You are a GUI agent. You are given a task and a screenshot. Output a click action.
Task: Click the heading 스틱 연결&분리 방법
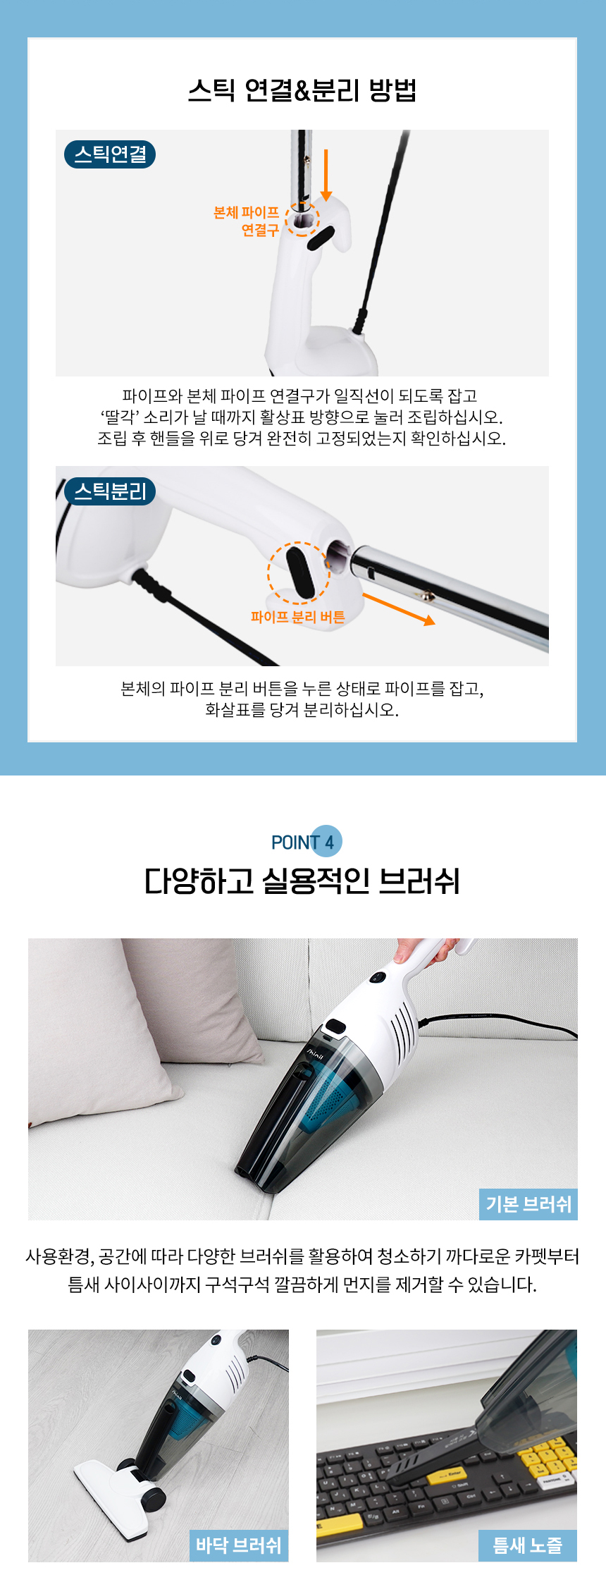coord(302,90)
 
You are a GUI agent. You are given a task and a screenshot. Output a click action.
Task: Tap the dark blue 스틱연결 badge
coord(110,154)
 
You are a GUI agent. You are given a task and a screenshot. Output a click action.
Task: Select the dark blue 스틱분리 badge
coord(110,491)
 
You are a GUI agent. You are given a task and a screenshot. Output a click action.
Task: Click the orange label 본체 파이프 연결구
coord(246,221)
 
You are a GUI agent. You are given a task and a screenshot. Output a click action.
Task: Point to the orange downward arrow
coord(326,175)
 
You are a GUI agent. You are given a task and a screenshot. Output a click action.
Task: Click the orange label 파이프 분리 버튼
coord(298,618)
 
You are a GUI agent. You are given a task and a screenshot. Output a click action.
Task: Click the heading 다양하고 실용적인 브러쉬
coord(302,881)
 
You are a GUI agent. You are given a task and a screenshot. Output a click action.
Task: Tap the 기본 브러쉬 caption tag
coord(528,1204)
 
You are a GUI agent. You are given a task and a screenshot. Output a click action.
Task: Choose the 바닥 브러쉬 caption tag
coord(239,1546)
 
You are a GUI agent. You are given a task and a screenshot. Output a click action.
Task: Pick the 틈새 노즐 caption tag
coord(528,1546)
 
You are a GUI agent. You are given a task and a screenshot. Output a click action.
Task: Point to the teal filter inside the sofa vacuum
coord(331,1100)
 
